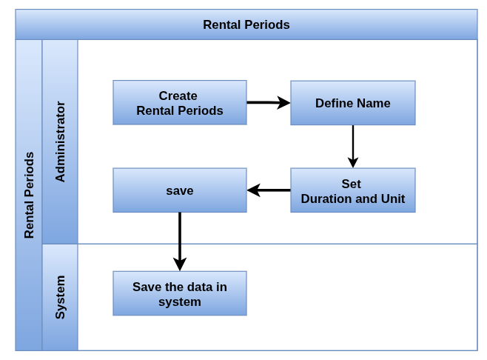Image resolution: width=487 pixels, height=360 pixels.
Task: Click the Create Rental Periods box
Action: point(180,102)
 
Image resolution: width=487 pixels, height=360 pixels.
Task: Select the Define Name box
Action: point(353,103)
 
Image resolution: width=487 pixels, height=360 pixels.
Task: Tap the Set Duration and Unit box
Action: point(353,190)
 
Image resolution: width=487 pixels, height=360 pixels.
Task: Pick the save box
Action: point(180,190)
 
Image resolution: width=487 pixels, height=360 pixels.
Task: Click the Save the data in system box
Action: point(180,293)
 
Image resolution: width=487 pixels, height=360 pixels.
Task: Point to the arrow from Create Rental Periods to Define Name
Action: point(269,102)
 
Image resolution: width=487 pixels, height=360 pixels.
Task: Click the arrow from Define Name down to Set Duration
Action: point(353,147)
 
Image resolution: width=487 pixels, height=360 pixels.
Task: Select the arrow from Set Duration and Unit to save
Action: point(269,190)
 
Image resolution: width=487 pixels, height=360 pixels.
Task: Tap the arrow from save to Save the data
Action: point(180,242)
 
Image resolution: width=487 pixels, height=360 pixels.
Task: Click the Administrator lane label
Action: point(60,141)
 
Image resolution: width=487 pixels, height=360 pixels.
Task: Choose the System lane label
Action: point(60,297)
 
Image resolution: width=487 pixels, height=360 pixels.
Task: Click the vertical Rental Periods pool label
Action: point(29,196)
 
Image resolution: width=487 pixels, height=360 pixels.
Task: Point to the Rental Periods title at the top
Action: point(246,24)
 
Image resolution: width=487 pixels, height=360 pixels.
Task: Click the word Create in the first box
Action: point(178,96)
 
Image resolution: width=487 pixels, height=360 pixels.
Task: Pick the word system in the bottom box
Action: point(180,302)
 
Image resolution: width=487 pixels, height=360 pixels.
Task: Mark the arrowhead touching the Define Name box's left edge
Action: point(284,102)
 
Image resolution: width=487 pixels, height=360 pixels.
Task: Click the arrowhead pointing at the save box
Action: point(254,190)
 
